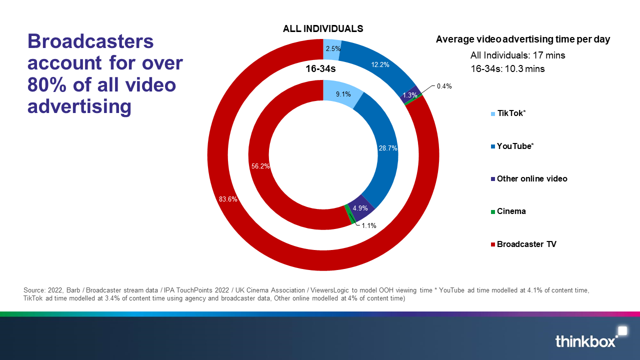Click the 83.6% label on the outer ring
tap(228, 199)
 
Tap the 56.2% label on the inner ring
tap(260, 166)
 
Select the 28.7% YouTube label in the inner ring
tap(387, 148)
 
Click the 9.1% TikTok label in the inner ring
tap(342, 93)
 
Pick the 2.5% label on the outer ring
tap(333, 49)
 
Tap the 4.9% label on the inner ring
tap(360, 208)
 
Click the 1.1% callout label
tap(368, 225)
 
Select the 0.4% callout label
tap(444, 86)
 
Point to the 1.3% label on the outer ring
tap(409, 95)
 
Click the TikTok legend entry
tap(511, 113)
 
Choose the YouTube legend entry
tap(515, 146)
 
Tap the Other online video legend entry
tap(531, 178)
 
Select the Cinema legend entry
tap(511, 211)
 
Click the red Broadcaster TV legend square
tap(492, 244)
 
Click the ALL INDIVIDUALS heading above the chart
tap(323, 28)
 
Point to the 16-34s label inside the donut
tap(321, 69)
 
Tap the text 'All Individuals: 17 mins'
tap(517, 55)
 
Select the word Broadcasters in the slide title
tap(90, 41)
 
